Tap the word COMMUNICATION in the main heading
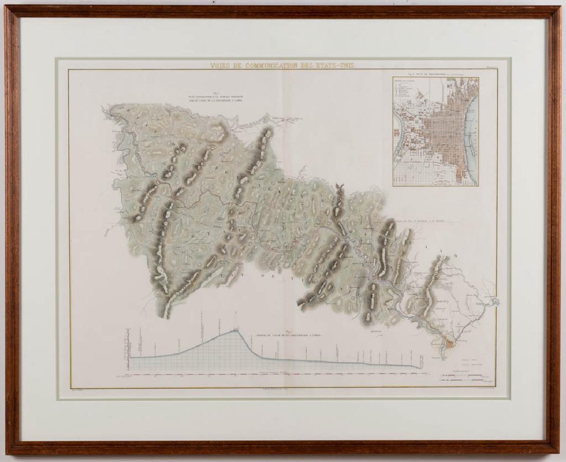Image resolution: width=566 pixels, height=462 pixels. click(274, 65)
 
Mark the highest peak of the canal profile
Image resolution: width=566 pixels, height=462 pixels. click(236, 330)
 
